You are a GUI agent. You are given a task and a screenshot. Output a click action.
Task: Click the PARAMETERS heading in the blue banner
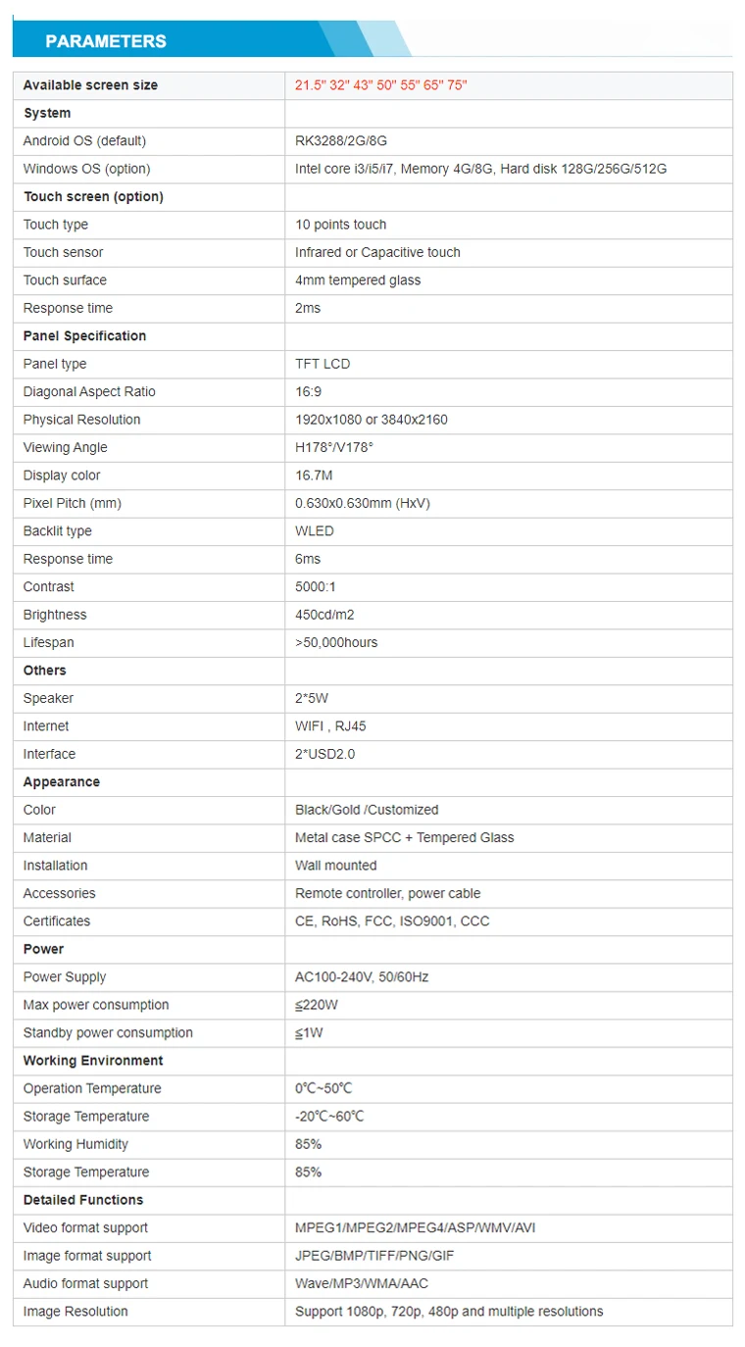(x=106, y=41)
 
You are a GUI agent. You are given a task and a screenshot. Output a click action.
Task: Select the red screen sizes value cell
(x=380, y=85)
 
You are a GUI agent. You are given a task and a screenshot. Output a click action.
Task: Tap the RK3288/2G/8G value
(x=341, y=141)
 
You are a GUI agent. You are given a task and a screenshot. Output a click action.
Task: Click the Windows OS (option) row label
(x=86, y=169)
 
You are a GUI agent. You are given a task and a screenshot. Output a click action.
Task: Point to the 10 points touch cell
(x=340, y=224)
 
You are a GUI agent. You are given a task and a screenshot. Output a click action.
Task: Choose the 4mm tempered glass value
(x=358, y=280)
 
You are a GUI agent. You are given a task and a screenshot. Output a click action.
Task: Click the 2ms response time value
(x=308, y=308)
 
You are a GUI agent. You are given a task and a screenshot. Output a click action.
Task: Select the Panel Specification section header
(x=84, y=336)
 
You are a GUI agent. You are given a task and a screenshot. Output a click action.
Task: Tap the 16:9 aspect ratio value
(x=308, y=392)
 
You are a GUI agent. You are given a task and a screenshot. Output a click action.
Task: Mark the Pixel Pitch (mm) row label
(x=73, y=503)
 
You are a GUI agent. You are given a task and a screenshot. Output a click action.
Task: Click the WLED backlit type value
(x=315, y=531)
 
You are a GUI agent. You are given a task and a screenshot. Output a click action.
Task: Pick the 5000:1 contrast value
(x=315, y=587)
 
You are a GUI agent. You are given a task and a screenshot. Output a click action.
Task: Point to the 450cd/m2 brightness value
(x=324, y=615)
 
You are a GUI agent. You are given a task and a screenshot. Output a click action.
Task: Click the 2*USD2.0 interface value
(x=324, y=754)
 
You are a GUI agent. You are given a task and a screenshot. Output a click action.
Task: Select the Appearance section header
(x=62, y=782)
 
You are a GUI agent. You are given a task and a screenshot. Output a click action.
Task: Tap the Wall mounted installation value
(x=335, y=866)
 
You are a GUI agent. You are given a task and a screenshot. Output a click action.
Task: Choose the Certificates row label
(x=57, y=922)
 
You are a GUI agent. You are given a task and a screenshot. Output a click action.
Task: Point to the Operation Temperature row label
(x=92, y=1088)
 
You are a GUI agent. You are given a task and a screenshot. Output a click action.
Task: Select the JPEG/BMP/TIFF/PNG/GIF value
(x=374, y=1256)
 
